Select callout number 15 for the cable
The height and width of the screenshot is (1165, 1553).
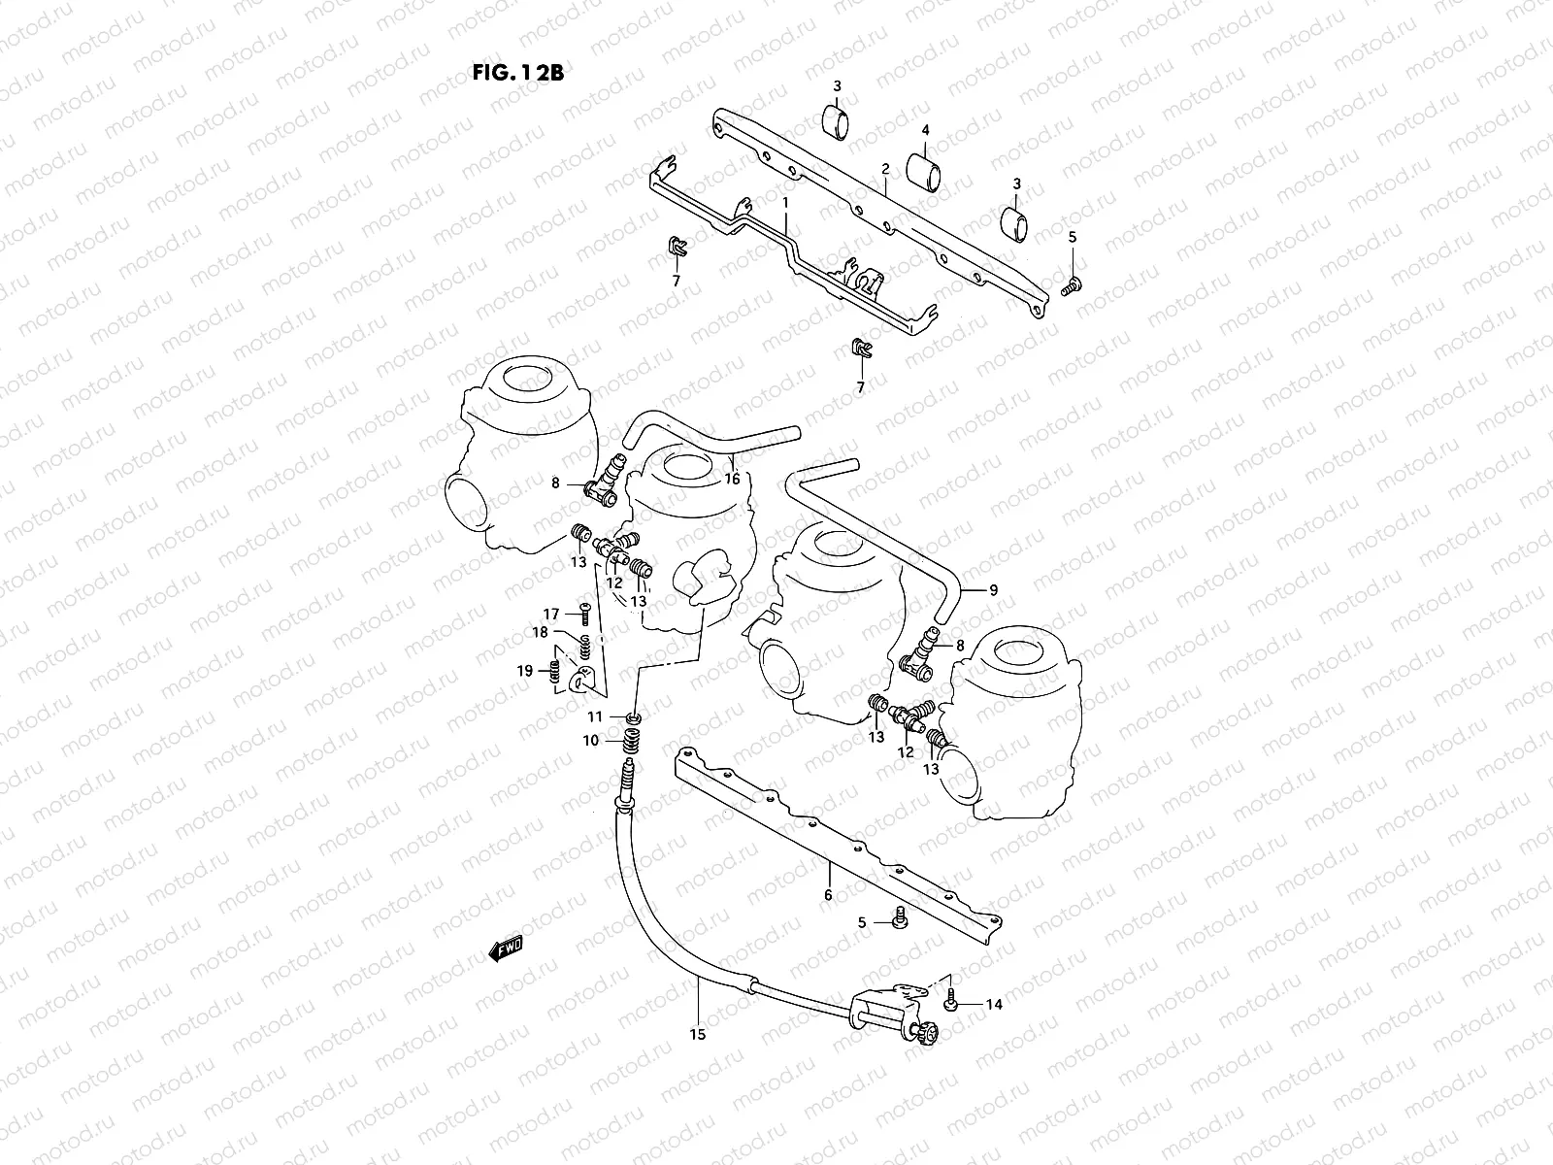698,1035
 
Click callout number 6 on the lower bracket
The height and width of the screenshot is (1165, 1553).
828,895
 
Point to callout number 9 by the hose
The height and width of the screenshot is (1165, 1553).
993,589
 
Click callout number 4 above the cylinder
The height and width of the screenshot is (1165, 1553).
925,129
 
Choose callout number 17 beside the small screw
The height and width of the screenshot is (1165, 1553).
551,614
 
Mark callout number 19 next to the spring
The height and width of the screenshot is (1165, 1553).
525,671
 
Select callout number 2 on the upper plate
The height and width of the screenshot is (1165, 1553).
885,169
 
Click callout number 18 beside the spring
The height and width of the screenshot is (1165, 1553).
540,632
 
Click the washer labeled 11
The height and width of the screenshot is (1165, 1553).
633,718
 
